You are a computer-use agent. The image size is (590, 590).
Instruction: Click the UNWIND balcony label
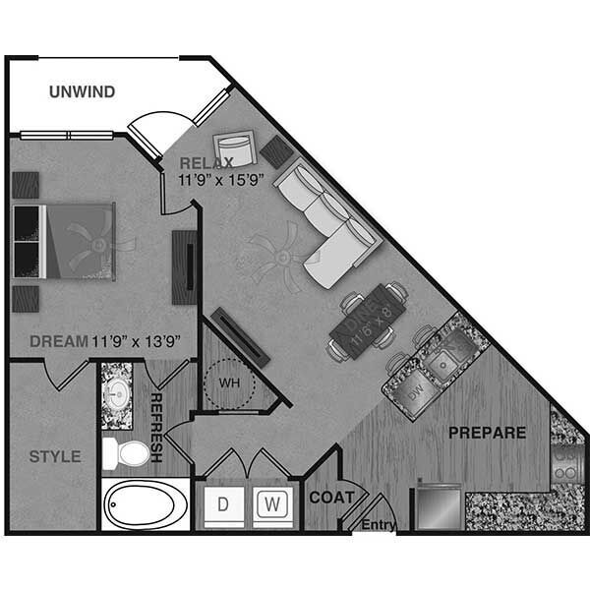[83, 92]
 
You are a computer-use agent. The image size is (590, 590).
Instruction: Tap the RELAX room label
[206, 163]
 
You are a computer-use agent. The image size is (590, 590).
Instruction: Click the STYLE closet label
[54, 456]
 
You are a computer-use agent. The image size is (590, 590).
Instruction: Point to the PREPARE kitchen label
[487, 432]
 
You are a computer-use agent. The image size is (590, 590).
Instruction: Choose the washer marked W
[272, 505]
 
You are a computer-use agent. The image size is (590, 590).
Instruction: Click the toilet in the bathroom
[123, 454]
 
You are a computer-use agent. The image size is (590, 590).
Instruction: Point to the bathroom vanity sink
[118, 393]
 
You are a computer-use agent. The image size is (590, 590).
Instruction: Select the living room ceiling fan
[281, 255]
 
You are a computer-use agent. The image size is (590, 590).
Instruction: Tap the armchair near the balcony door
[235, 148]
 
